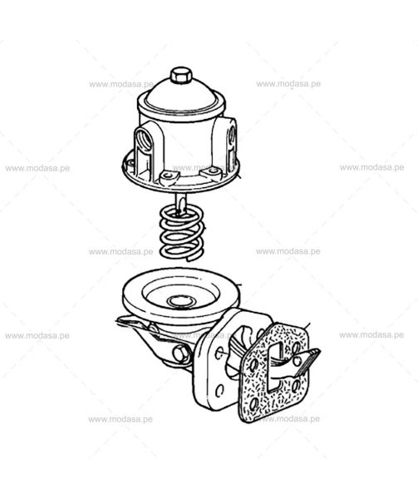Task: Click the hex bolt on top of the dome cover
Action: coord(181,75)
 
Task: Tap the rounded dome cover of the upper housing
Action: coord(181,93)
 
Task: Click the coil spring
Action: coord(181,233)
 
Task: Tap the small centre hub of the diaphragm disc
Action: coord(180,301)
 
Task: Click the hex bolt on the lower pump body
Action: coord(181,353)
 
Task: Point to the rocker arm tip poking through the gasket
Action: coord(307,360)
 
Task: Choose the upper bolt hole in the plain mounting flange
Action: coord(219,353)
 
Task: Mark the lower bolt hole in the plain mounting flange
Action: coord(219,391)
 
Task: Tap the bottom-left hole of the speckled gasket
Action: coord(254,405)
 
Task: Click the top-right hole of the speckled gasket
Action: coord(297,346)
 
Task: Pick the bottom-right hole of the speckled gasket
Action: coord(296,386)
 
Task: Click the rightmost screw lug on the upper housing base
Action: coord(210,172)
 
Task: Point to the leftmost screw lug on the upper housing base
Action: coord(130,163)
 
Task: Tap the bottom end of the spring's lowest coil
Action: coord(191,259)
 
